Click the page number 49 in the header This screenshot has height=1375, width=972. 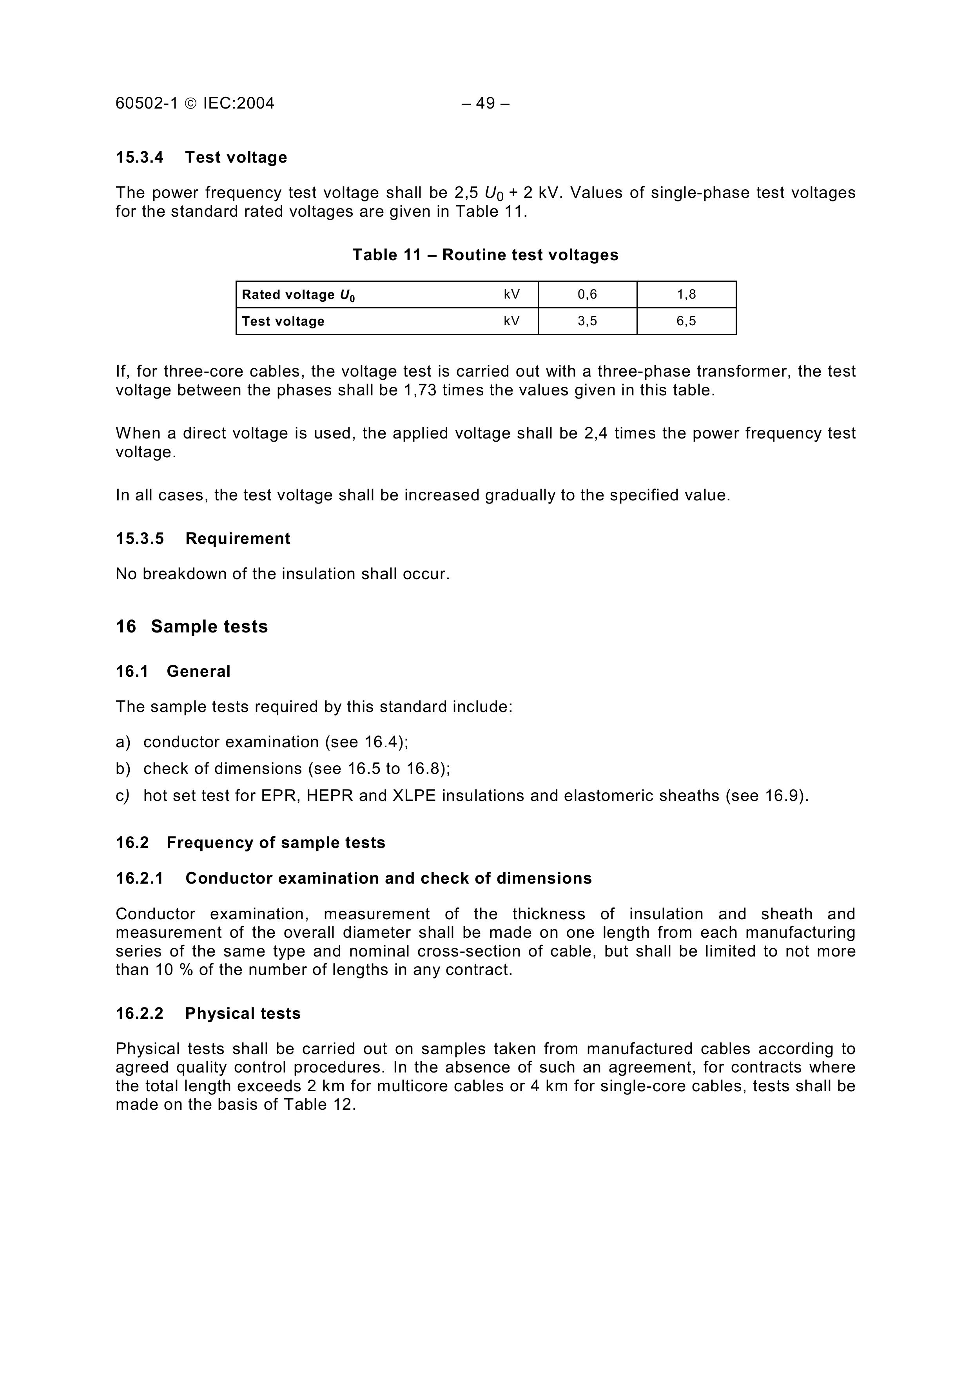(485, 103)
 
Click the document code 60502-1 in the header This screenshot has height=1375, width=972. (147, 103)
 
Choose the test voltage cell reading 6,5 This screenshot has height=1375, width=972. (686, 321)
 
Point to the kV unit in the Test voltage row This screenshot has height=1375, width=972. (511, 321)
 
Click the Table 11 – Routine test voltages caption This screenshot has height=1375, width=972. (485, 255)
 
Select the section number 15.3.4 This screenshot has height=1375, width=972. (140, 158)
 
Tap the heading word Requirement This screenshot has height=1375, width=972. (238, 539)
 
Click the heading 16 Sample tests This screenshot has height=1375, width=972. (192, 627)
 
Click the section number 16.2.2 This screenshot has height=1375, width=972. (140, 1014)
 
